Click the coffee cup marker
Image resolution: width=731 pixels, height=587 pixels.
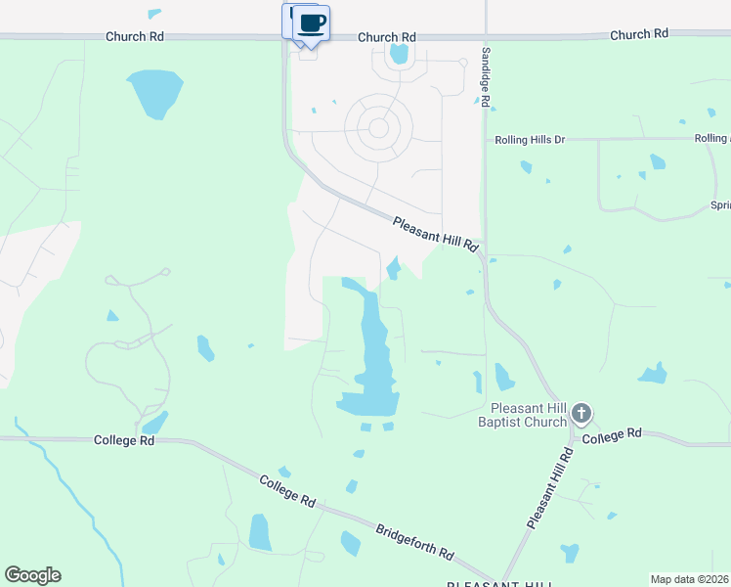pos(311,23)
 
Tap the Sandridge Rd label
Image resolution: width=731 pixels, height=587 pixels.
pos(484,75)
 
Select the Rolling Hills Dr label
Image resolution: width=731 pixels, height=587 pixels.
pos(531,140)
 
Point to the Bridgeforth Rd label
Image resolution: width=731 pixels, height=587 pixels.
pos(414,541)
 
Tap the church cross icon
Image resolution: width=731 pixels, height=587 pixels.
pos(581,413)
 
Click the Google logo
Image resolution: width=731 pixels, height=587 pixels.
pos(32,575)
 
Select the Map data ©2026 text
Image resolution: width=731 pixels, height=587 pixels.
pos(689,579)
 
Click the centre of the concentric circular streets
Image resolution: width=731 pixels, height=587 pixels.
pos(378,127)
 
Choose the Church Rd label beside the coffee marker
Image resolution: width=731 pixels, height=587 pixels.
pos(387,37)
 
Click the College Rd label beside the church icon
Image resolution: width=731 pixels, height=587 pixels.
pos(612,433)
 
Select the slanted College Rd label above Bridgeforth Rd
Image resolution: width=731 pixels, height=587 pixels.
pos(287,491)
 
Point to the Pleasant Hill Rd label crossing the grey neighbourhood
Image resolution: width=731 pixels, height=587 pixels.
pos(435,235)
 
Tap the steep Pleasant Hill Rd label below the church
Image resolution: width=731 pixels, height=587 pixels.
pos(549,489)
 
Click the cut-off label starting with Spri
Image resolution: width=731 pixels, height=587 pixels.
pos(720,206)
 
